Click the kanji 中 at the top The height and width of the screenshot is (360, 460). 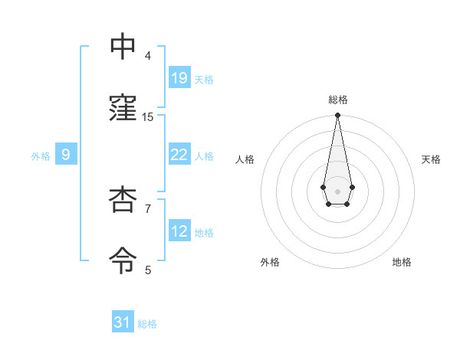[123, 46]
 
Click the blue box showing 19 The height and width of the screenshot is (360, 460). [179, 77]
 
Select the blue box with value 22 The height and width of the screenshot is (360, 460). [179, 154]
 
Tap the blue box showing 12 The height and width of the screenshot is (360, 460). [179, 231]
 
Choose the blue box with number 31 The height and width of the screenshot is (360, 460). [123, 322]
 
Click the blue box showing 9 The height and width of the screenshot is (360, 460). [66, 155]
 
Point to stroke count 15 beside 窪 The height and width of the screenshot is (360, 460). [148, 116]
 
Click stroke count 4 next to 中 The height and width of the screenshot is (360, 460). [148, 55]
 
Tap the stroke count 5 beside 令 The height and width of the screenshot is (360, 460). [148, 270]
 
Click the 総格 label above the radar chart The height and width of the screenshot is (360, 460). [337, 100]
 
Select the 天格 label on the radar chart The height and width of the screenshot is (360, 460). [431, 159]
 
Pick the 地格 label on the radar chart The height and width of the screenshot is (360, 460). [402, 262]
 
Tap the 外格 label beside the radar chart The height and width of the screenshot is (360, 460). [270, 262]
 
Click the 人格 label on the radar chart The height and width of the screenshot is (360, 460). [245, 159]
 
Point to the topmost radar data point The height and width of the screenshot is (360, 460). [337, 116]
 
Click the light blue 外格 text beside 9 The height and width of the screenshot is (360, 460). [41, 155]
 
